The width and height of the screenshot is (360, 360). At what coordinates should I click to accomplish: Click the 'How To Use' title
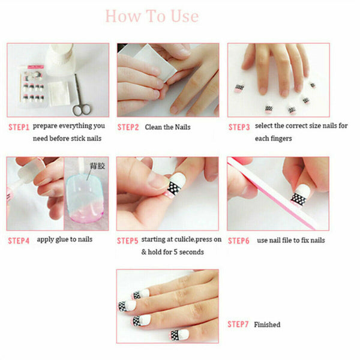pyautogui.click(x=151, y=16)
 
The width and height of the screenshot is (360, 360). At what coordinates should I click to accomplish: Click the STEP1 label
pyautogui.click(x=19, y=127)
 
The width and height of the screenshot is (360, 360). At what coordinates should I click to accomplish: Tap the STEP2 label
pyautogui.click(x=128, y=127)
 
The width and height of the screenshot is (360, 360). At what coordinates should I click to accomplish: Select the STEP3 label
pyautogui.click(x=239, y=127)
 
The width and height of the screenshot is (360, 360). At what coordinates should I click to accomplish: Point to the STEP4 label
pyautogui.click(x=19, y=241)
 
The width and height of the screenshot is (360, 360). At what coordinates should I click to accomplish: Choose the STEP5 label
pyautogui.click(x=128, y=241)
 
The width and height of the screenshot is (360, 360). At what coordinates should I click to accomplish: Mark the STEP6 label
pyautogui.click(x=239, y=241)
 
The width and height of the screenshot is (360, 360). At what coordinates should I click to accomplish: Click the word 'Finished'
pyautogui.click(x=267, y=325)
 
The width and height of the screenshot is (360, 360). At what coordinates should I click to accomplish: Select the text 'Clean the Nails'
pyautogui.click(x=166, y=127)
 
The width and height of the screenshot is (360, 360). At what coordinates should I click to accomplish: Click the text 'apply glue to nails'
pyautogui.click(x=64, y=240)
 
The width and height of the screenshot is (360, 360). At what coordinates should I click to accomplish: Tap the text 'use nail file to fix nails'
pyautogui.click(x=291, y=241)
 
